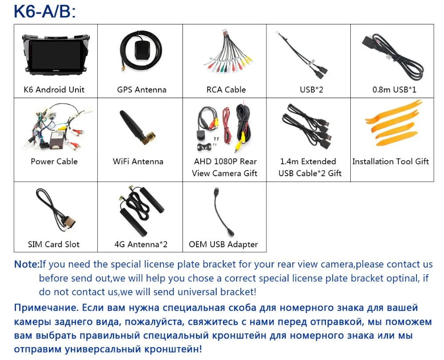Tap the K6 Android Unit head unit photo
click(x=54, y=54)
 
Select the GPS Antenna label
click(x=142, y=90)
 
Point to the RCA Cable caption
click(x=226, y=90)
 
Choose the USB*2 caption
click(x=311, y=90)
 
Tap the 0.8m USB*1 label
click(x=394, y=90)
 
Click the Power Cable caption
click(x=54, y=162)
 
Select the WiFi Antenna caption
click(x=138, y=162)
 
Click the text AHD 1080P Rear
click(x=225, y=162)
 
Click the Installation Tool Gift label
click(x=391, y=162)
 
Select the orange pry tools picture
click(x=391, y=124)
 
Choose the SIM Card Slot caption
click(x=54, y=245)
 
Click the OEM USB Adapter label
click(x=223, y=245)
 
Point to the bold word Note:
click(x=27, y=265)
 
